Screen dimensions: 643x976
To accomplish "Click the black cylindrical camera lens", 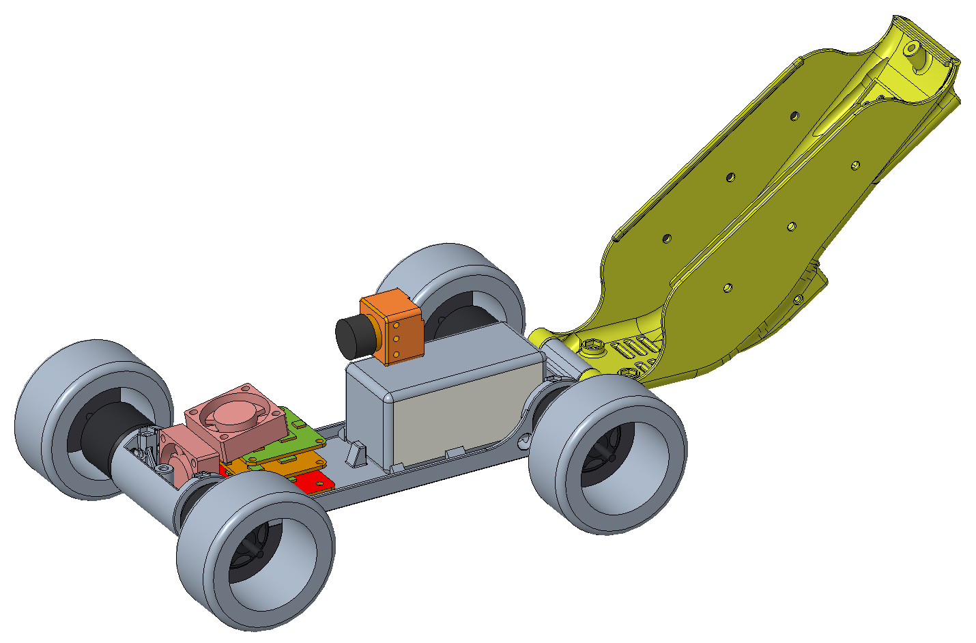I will (354, 337).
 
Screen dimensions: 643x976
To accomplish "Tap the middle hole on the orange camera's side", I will (394, 340).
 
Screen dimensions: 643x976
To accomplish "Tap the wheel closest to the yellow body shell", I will (607, 454).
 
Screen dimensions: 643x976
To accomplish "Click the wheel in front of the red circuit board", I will (256, 549).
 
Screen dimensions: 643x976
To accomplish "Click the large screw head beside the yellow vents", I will (592, 345).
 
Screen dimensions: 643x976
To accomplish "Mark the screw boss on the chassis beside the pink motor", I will (164, 469).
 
